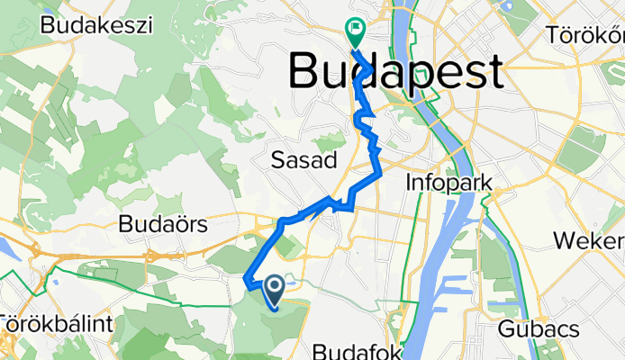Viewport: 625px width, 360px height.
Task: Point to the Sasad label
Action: tap(303, 161)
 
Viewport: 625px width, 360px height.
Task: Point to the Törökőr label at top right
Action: tap(586, 35)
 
